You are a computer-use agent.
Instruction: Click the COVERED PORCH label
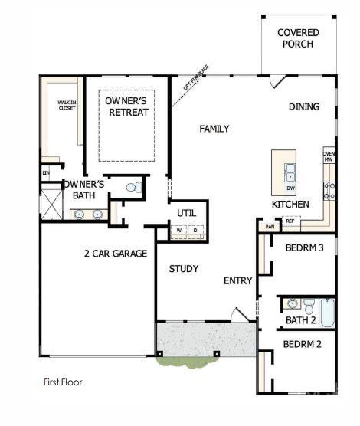click(x=298, y=38)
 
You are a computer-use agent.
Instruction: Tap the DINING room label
click(x=304, y=106)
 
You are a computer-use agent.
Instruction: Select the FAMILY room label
click(x=214, y=129)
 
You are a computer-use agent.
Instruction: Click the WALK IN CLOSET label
click(x=67, y=105)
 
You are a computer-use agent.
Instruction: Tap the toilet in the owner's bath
click(x=133, y=187)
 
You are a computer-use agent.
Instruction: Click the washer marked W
click(x=178, y=230)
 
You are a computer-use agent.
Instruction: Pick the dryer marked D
click(x=195, y=230)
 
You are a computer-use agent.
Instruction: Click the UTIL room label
click(x=188, y=213)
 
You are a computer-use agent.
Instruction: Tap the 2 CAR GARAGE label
click(x=116, y=253)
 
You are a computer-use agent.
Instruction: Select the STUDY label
click(x=184, y=269)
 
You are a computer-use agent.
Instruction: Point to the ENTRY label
click(x=237, y=280)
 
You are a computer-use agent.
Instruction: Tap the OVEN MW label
click(x=329, y=157)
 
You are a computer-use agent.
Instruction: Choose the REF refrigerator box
click(x=290, y=221)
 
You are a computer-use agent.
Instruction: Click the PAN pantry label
click(x=270, y=227)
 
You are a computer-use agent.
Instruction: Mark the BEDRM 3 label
click(x=304, y=247)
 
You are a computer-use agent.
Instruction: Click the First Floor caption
click(x=62, y=382)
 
